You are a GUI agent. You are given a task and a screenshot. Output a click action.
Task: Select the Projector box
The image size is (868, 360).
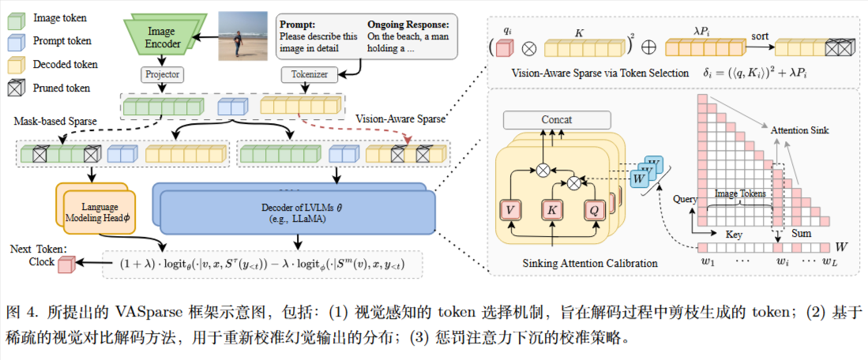(x=162, y=75)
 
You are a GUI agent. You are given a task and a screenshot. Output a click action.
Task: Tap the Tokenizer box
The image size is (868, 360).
(x=309, y=75)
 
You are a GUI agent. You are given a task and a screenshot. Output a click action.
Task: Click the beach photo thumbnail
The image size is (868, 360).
(x=242, y=35)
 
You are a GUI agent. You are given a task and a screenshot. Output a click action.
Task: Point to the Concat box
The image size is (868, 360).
(x=557, y=120)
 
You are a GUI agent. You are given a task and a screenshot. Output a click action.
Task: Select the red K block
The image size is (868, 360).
(x=553, y=209)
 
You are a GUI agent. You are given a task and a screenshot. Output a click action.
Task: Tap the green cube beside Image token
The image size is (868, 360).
(x=17, y=18)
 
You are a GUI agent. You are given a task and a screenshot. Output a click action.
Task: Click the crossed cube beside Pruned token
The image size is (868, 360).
(x=17, y=88)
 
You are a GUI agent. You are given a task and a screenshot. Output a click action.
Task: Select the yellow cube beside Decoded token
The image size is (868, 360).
(x=17, y=65)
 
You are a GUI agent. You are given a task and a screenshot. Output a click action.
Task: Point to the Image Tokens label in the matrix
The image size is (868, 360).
(x=739, y=193)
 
